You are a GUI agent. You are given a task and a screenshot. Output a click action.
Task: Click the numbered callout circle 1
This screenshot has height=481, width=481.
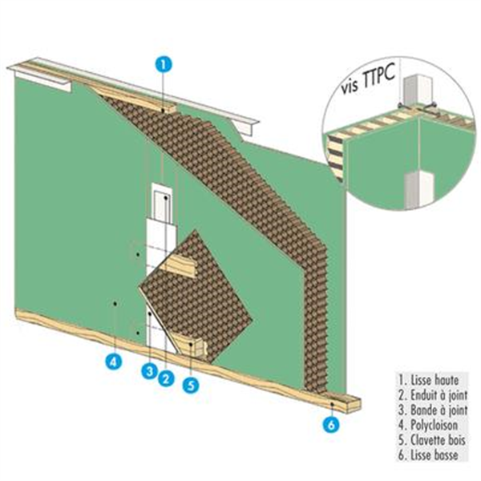(163, 63)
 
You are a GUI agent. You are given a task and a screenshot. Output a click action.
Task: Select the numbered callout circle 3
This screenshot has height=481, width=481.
(148, 371)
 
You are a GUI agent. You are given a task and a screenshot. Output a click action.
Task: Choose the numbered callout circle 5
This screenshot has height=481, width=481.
(191, 385)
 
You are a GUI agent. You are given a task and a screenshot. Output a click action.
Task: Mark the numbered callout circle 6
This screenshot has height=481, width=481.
(330, 425)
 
